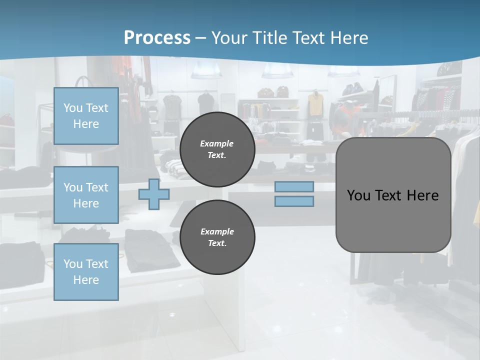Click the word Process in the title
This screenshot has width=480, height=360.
coord(157,38)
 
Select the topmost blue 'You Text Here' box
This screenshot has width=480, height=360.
coord(86,116)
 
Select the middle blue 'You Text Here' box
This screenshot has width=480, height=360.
coord(86,195)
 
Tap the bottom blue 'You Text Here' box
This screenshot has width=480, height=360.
coord(86,271)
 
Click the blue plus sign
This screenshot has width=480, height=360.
coord(153,194)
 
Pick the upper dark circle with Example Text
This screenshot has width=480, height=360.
coord(217,149)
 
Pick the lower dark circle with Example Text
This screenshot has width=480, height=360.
coord(217,237)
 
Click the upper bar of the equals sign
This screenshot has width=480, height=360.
coord(294,186)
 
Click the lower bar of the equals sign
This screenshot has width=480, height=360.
coord(294,201)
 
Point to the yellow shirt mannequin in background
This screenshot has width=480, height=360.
coord(315,104)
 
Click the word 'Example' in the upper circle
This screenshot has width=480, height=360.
coord(216,143)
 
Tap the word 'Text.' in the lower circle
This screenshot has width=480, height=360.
coord(217,243)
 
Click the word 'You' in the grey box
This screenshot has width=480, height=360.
coord(358,195)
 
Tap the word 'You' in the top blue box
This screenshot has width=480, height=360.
coord(73,108)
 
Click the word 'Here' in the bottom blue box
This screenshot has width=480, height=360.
coord(86,280)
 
